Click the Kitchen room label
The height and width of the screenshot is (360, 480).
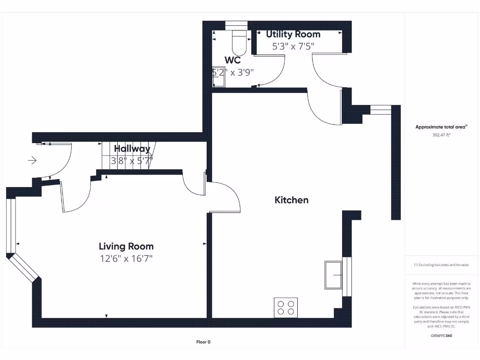[291, 200]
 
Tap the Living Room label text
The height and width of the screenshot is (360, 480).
[126, 246]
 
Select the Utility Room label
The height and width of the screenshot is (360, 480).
[293, 34]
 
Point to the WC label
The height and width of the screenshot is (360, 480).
[232, 60]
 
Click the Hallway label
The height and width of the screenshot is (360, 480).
[132, 149]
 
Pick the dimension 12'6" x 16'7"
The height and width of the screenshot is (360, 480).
[126, 258]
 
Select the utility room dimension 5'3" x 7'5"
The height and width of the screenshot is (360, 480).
[293, 46]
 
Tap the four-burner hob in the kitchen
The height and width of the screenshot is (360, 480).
[285, 307]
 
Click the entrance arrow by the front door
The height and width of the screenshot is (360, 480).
[32, 161]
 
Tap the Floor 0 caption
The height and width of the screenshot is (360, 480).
[203, 342]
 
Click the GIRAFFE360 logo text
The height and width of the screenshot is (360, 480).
[441, 336]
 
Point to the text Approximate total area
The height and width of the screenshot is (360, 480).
[440, 127]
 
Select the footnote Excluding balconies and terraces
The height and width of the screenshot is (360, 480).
[441, 265]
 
